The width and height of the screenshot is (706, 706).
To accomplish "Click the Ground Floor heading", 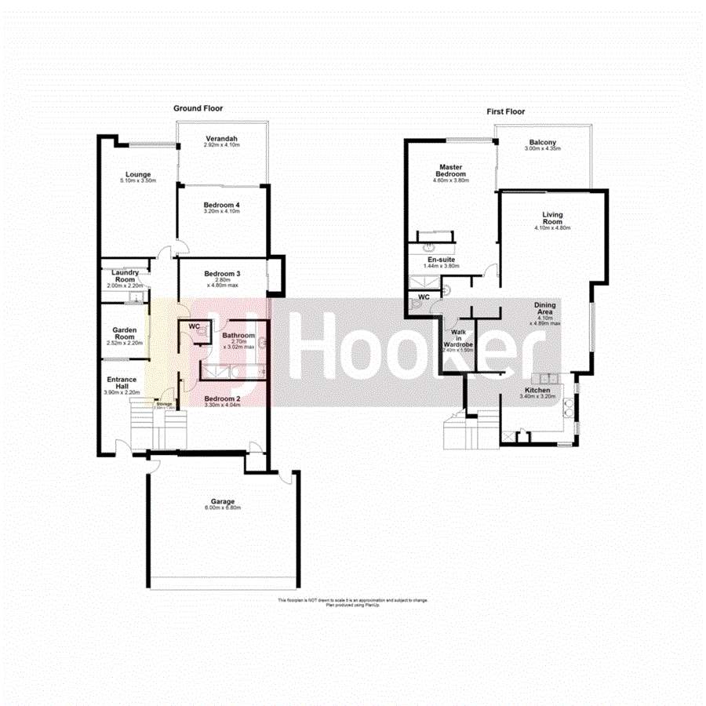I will (198, 108).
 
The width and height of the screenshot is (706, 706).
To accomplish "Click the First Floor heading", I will (505, 112).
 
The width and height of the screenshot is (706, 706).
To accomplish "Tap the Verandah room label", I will (221, 139).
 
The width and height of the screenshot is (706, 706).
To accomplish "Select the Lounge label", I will (138, 174).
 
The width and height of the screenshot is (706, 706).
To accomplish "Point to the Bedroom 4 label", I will (221, 204).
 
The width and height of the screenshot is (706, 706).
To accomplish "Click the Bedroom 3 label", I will (222, 273).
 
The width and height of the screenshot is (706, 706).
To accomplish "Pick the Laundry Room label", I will (126, 275).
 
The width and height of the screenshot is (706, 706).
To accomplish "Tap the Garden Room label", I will (125, 334).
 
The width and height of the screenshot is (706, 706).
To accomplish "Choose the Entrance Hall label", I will (122, 383).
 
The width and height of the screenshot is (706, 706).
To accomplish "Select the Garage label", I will (222, 501).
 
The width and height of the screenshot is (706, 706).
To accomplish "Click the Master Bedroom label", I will (450, 170).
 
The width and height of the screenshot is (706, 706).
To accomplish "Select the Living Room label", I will (552, 217).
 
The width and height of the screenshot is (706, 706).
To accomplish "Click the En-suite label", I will (440, 259).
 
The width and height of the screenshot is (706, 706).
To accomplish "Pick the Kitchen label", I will (537, 390).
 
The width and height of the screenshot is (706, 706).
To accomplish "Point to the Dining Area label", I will (545, 310).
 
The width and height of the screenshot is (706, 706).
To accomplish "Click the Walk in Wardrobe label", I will (458, 338).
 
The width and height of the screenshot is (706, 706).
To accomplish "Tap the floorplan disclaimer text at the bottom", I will (353, 602).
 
